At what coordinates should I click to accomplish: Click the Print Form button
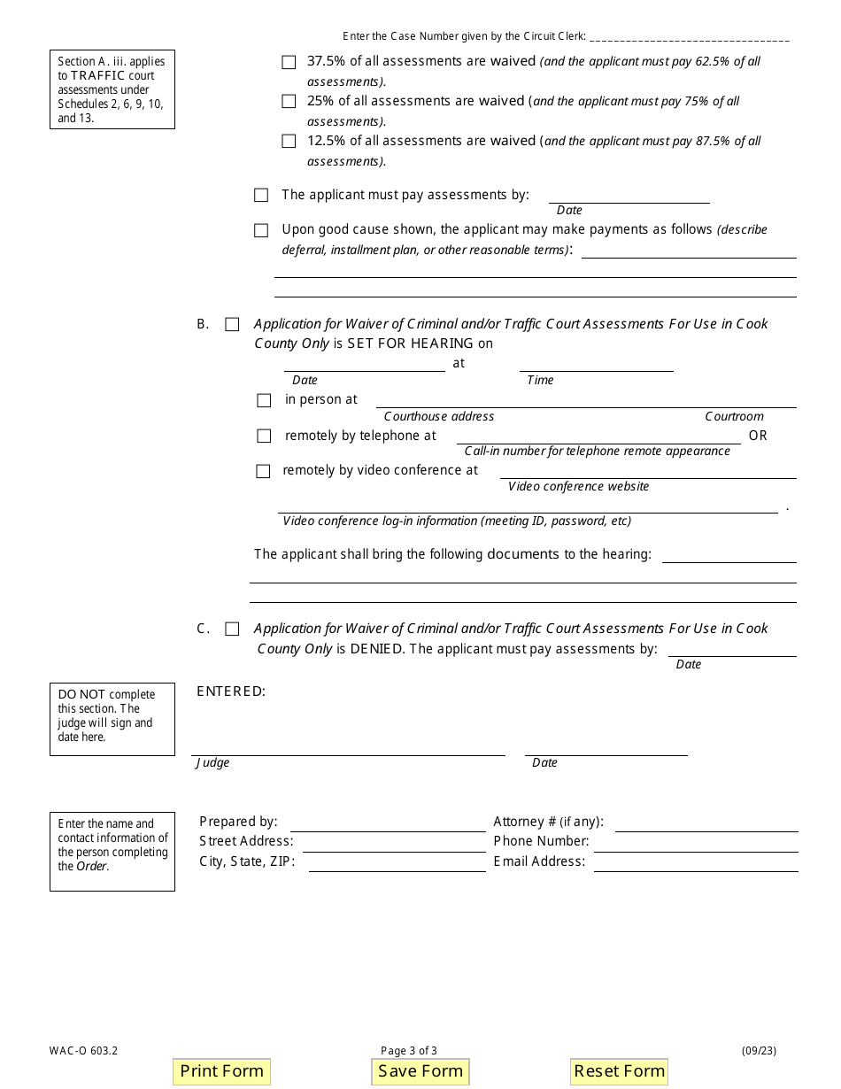point(221,1071)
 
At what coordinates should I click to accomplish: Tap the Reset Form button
point(619,1071)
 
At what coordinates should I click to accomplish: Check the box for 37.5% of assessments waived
point(289,62)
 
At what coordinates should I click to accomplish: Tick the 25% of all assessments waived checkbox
point(289,102)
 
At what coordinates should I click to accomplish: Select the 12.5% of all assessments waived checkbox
point(289,142)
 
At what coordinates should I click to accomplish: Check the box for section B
point(232,325)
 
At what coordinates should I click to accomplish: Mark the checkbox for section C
point(232,629)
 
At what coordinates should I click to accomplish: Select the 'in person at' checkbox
point(264,401)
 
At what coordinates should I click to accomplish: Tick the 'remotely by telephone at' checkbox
point(264,436)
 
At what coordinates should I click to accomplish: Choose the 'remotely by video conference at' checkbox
point(263,472)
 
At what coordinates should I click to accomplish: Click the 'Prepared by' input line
point(388,823)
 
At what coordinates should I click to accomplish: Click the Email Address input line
point(695,863)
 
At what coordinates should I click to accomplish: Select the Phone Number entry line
point(697,843)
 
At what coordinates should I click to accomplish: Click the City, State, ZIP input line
point(396,863)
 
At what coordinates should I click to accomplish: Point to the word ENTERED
point(231,691)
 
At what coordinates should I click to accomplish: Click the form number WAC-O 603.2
point(84,1051)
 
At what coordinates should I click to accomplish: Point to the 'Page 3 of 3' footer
point(409,1051)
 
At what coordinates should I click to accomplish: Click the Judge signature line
point(348,748)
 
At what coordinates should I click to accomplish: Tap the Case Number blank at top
point(689,37)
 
